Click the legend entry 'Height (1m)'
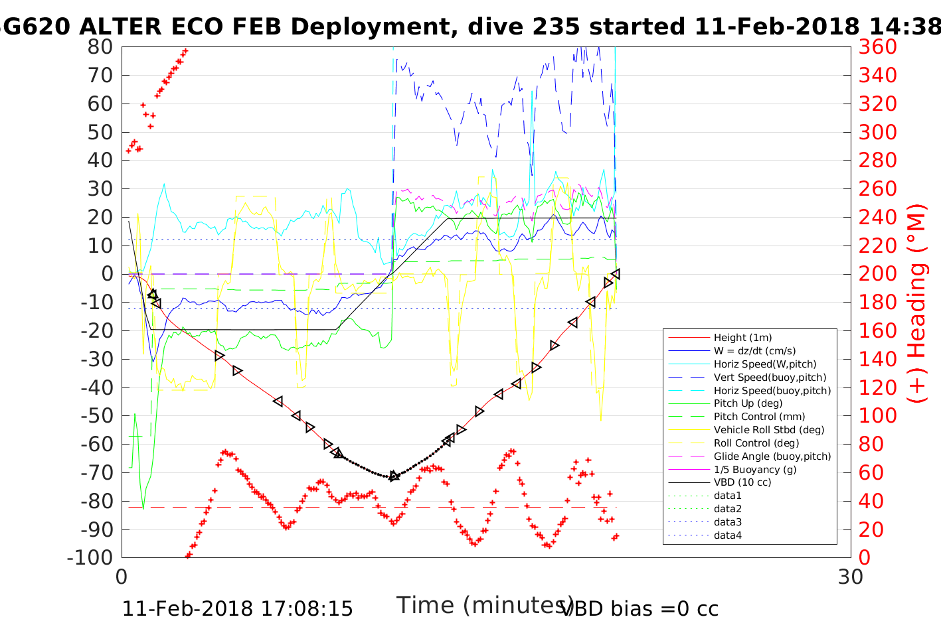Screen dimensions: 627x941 point(742,338)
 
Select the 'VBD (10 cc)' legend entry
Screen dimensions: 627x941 point(742,482)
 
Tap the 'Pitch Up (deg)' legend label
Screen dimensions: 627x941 point(748,403)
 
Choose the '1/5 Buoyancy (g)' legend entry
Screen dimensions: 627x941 point(755,469)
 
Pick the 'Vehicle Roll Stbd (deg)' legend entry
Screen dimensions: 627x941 point(769,430)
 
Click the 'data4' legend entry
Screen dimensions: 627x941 point(727,535)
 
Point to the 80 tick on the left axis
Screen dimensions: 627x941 point(100,47)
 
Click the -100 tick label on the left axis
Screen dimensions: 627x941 point(91,557)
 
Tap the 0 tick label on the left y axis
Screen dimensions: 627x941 point(107,274)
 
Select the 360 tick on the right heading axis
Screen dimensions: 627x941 point(877,47)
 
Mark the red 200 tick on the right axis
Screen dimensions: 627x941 point(877,274)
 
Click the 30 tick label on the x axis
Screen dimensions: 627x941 point(851,577)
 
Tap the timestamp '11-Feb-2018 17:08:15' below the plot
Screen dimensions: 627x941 point(238,608)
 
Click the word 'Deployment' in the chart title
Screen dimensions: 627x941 point(369,27)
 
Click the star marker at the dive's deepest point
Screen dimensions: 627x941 point(394,476)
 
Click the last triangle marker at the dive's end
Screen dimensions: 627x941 point(616,273)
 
